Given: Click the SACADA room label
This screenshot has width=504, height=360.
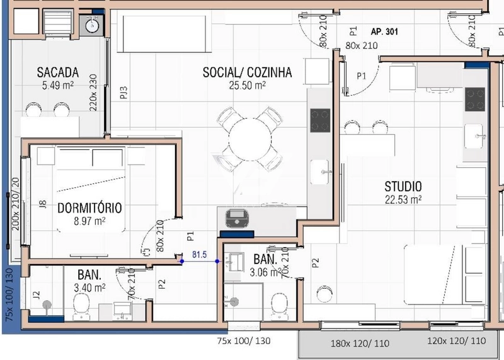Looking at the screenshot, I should pyautogui.click(x=57, y=72).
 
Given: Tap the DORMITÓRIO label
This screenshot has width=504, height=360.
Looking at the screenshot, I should pyautogui.click(x=89, y=207).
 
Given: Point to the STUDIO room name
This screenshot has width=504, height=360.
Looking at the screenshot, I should pyautogui.click(x=403, y=187).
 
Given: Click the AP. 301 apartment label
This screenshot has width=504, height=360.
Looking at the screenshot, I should pyautogui.click(x=387, y=31).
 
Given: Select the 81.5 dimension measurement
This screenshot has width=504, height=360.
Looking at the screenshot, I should pyautogui.click(x=200, y=255).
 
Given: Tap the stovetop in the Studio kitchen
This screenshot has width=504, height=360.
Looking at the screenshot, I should pyautogui.click(x=474, y=99).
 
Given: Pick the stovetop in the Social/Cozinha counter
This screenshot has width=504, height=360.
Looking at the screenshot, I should pyautogui.click(x=320, y=120).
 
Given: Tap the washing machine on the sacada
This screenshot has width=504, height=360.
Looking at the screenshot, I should pyautogui.click(x=93, y=26).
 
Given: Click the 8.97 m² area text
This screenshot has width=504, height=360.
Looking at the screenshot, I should pyautogui.click(x=89, y=221).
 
